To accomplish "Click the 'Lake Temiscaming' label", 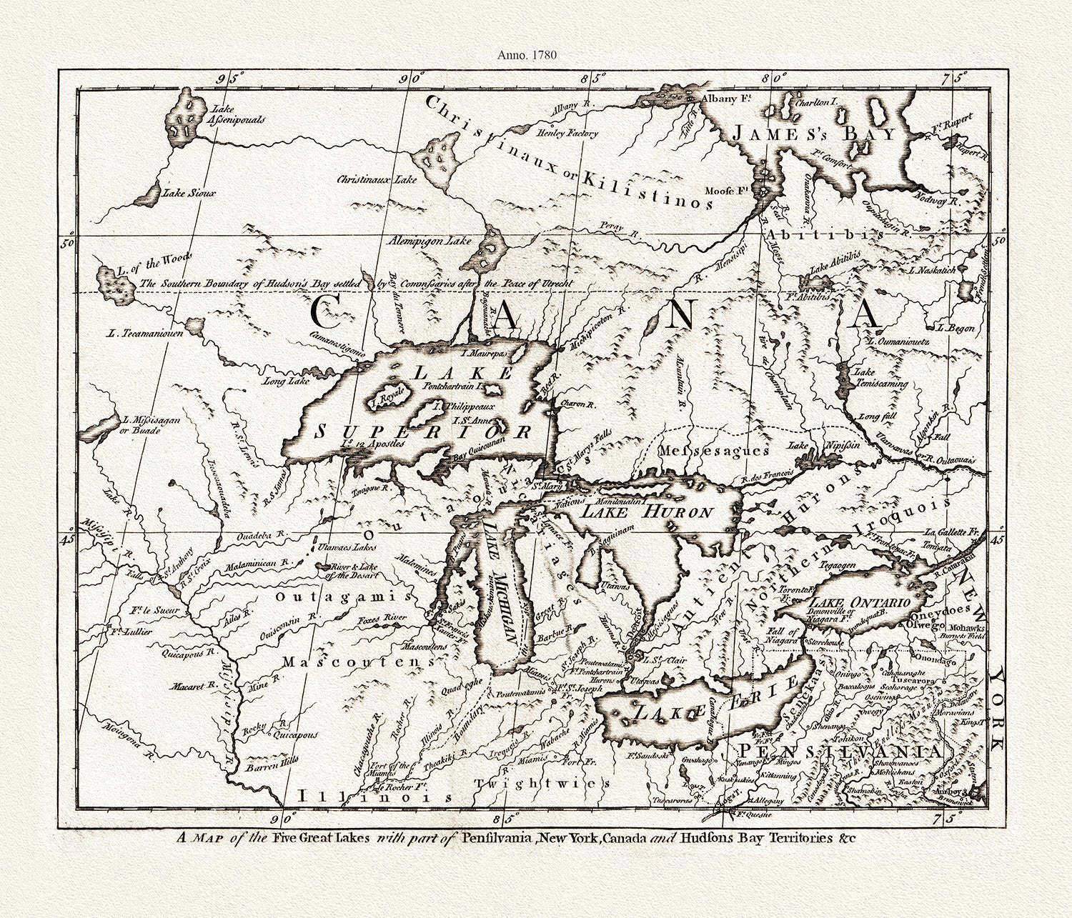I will coord(880,378).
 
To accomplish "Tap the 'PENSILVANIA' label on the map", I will coord(840,751).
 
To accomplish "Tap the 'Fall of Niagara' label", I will coord(780,637).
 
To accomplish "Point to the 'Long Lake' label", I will coord(285,380).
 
